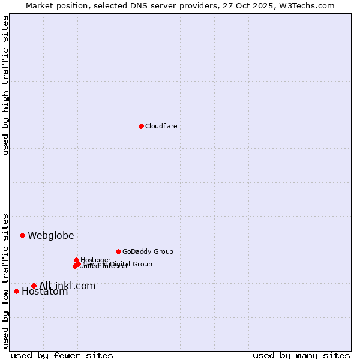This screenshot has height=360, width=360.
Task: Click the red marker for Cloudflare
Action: [141, 126]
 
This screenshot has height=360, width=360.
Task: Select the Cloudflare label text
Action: [161, 126]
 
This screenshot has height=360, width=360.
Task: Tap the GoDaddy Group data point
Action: [118, 251]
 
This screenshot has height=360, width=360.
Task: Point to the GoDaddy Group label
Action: [148, 251]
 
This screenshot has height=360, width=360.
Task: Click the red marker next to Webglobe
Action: [22, 235]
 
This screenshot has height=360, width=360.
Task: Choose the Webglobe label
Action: [51, 235]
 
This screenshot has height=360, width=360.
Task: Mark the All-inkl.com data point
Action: [34, 286]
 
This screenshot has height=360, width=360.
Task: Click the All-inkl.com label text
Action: [67, 286]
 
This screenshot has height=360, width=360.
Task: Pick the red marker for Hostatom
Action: [16, 291]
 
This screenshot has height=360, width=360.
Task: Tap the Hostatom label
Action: [45, 292]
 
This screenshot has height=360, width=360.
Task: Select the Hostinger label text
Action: [95, 260]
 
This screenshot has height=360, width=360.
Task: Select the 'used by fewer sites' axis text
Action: [62, 355]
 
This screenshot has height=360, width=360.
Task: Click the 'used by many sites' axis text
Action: [301, 355]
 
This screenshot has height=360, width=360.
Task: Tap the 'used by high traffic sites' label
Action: [5, 85]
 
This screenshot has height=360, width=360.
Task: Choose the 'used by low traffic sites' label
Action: [5, 281]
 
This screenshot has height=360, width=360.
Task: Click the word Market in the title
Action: [40, 5]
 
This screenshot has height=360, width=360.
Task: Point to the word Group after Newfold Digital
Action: [142, 264]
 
